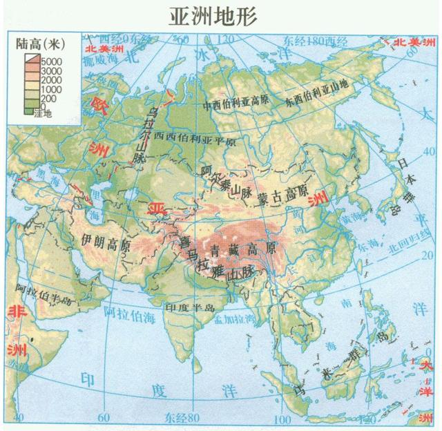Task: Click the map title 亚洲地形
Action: click(212, 15)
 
